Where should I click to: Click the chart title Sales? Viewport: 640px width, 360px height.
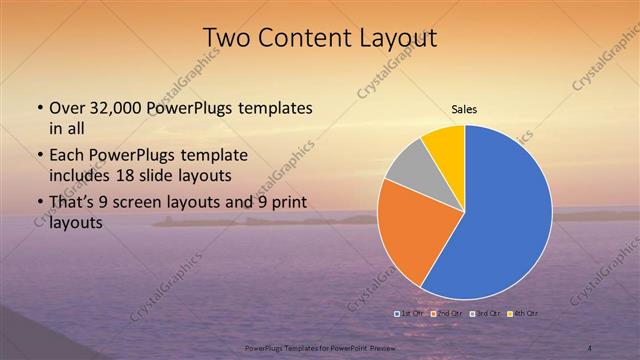(x=464, y=108)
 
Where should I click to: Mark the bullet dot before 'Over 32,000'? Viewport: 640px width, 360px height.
(x=39, y=108)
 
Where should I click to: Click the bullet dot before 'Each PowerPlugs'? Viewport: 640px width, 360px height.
(x=39, y=157)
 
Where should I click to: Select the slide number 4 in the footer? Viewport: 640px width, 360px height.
(x=590, y=347)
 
